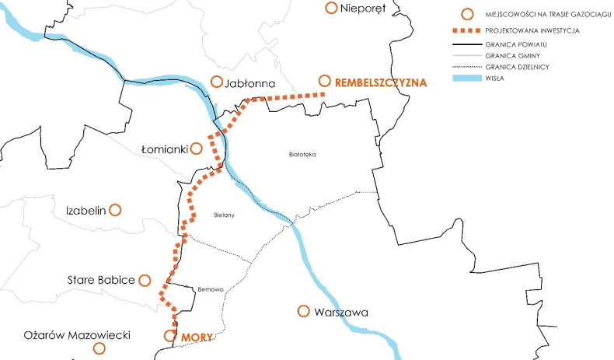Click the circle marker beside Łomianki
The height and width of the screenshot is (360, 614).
coord(197,148)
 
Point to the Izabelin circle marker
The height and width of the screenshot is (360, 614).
coord(116,210)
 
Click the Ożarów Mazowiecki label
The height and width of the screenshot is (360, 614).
coord(65,335)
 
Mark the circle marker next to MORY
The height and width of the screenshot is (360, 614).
coord(170,336)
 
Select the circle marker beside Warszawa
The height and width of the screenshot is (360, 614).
coord(304,311)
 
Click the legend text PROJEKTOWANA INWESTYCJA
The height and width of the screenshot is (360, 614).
coord(532,31)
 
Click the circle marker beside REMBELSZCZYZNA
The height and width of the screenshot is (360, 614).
coord(324,81)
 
